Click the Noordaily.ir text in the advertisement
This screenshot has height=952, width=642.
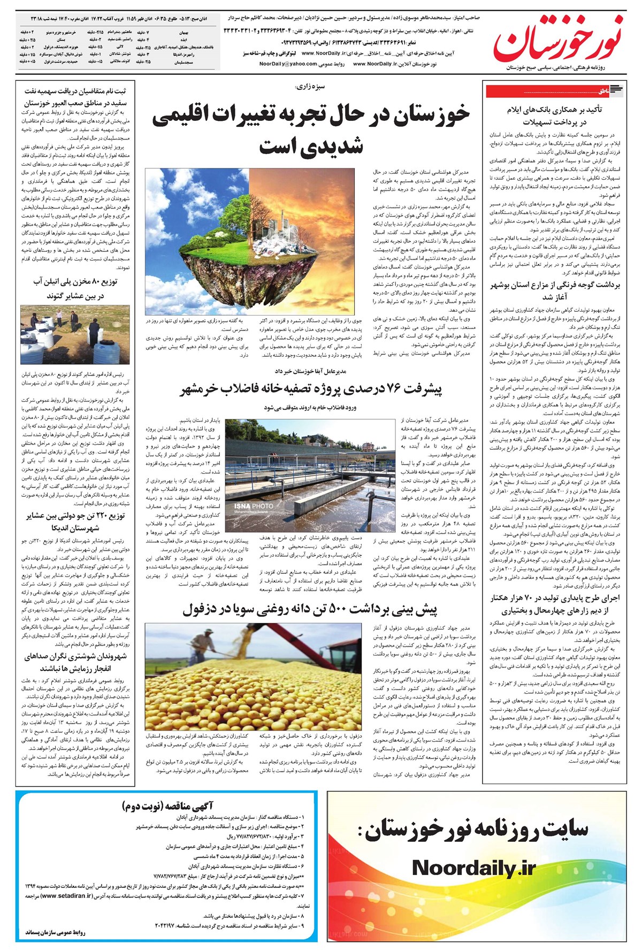(473, 867)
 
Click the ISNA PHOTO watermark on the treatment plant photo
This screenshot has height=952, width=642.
(253, 506)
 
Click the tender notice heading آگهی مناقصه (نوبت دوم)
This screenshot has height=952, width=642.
(168, 805)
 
